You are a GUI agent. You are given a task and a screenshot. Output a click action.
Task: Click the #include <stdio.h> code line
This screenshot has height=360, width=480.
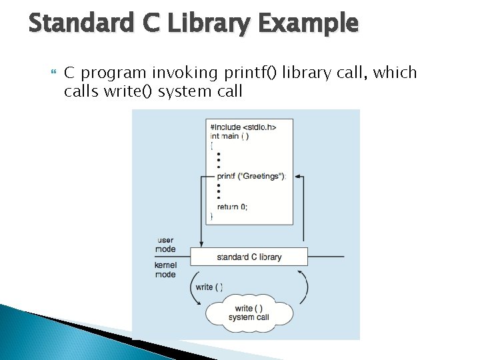pos(243,127)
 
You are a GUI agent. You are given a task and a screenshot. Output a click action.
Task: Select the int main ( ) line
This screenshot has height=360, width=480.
pos(229,136)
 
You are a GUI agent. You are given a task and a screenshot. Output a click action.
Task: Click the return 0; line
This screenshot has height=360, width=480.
pos(231,207)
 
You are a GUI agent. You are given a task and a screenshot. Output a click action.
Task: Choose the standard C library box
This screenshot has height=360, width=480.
pos(249,257)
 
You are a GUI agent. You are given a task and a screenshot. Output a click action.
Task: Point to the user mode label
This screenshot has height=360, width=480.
pos(165,245)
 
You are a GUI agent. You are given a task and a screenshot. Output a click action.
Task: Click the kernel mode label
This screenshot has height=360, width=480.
pos(165,269)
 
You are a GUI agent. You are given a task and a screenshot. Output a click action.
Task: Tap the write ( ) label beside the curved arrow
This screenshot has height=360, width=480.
pos(209,287)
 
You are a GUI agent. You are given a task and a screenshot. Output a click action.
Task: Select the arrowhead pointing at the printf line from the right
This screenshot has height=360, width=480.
pos(298,177)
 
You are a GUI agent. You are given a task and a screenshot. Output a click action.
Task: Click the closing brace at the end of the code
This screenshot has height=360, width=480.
pos(212,216)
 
